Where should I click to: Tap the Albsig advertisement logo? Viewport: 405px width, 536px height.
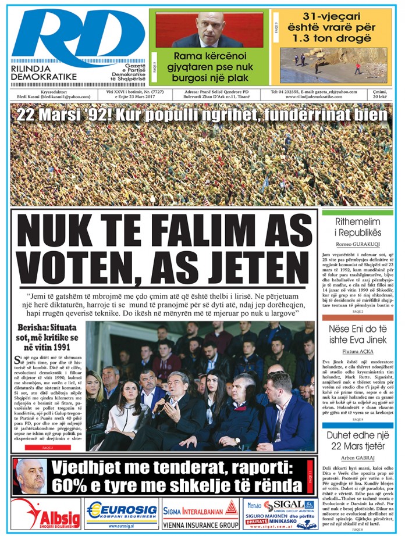(47, 514)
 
